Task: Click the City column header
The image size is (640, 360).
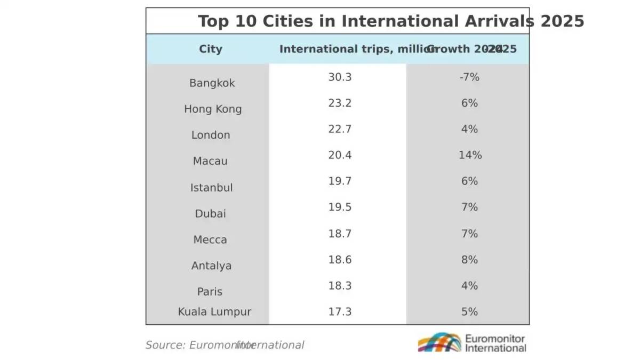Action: [x=211, y=49]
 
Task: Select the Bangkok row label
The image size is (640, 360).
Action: [x=212, y=83]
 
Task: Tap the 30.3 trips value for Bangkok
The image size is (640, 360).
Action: [x=340, y=77]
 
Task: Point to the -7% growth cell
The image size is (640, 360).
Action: [x=469, y=77]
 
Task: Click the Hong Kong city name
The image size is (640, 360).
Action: [x=213, y=109]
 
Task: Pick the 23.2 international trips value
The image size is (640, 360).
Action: [x=340, y=103]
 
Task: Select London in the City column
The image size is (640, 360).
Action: [x=211, y=135]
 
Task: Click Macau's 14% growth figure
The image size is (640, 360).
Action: [x=469, y=156]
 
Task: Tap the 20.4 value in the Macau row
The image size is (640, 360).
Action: [x=340, y=156]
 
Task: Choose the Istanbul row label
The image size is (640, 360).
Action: [x=211, y=188]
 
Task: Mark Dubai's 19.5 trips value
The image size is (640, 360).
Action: [x=340, y=207]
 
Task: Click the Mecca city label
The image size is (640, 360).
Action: [x=210, y=240]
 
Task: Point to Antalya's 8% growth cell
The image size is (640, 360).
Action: [x=469, y=260]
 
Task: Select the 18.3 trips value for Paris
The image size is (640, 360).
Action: [x=340, y=286]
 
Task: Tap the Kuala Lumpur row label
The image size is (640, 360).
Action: [x=214, y=312]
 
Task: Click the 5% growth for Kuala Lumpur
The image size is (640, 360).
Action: [x=469, y=312]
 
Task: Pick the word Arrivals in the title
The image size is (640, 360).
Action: [x=499, y=21]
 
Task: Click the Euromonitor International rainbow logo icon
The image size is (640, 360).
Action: [x=439, y=342]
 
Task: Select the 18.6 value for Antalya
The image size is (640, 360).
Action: [x=340, y=260]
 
